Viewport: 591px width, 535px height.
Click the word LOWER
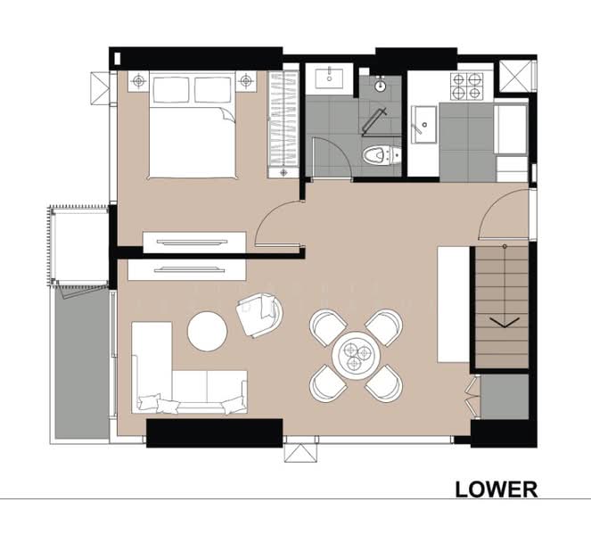497,489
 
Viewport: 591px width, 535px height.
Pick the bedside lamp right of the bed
246,81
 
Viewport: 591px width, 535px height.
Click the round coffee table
208,332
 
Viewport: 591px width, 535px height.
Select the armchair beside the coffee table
259,315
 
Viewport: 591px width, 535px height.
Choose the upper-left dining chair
325,327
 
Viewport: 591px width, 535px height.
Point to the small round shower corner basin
381,86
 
